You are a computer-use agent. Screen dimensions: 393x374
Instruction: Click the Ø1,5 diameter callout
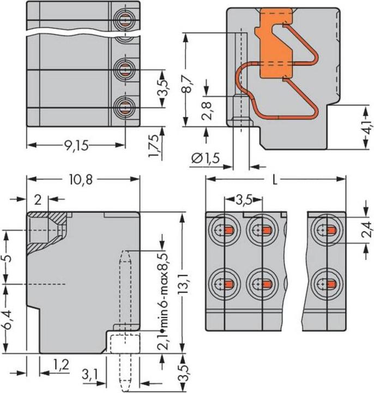pos(206,159)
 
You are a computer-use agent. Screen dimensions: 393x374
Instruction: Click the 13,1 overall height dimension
pos(185,283)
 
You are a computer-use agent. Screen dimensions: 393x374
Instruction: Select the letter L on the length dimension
pos(275,180)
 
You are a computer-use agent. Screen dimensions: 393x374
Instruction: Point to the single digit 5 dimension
pos(7,257)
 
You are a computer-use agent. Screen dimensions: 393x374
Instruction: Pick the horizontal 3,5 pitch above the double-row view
pos(244,200)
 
